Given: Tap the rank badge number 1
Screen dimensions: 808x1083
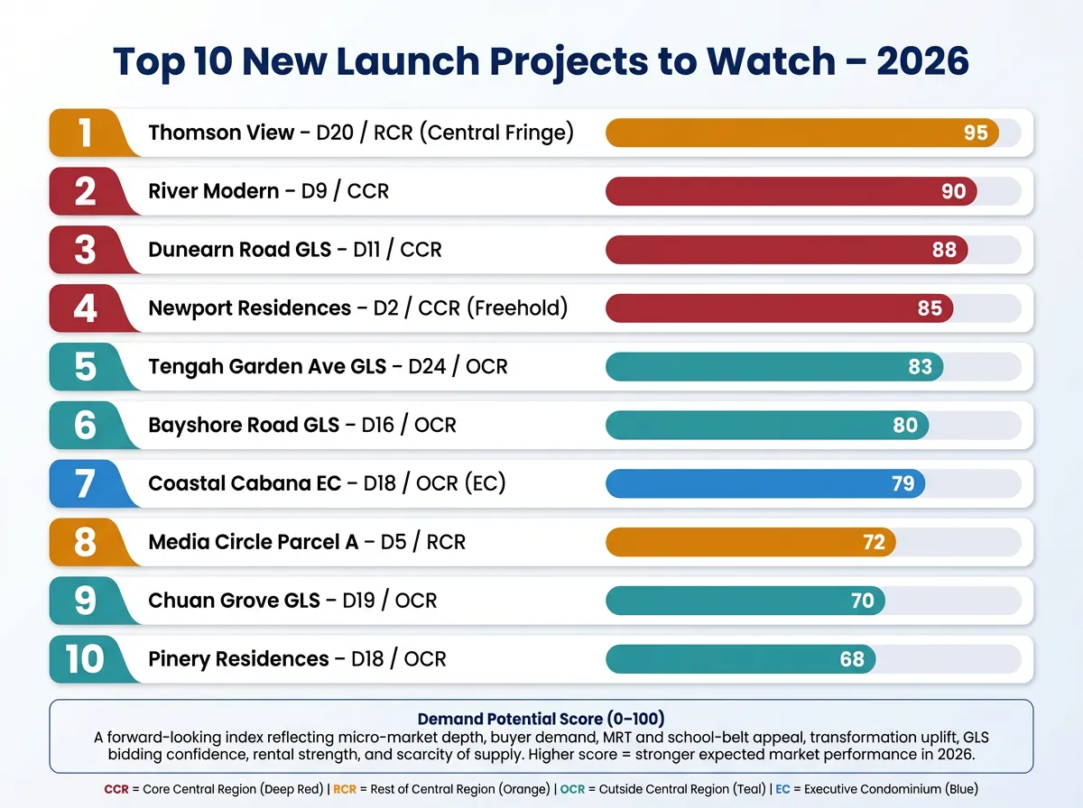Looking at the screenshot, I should coord(85,133).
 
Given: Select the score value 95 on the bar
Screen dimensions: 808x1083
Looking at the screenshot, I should coord(976,133).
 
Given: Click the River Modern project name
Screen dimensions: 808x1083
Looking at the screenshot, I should coord(214,191).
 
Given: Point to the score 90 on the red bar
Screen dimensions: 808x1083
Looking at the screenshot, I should coord(953,191).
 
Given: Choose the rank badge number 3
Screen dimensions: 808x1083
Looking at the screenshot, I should coord(85,250).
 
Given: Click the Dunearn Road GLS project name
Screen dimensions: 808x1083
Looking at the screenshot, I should coord(239,250).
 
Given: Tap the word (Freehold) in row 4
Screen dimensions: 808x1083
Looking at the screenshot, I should coord(517,308).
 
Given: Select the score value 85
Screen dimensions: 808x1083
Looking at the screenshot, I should coord(930,308).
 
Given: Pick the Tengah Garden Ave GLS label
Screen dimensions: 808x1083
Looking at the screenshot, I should coord(267,367).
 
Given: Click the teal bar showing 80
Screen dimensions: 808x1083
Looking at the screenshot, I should coord(766,425).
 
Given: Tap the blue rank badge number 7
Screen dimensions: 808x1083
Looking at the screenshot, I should coord(85,483).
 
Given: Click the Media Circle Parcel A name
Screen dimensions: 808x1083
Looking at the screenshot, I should coord(254,542).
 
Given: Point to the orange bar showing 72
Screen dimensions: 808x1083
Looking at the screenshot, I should coord(750,542).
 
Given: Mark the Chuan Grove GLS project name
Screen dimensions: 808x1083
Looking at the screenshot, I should coord(234,601).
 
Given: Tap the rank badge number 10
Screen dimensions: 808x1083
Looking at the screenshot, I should coord(85,659).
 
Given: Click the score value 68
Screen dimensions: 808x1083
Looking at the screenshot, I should coord(852,659).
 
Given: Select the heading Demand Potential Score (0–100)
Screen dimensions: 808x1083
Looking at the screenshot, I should coord(541,719).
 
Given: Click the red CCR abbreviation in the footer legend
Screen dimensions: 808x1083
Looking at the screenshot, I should coord(116,789).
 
